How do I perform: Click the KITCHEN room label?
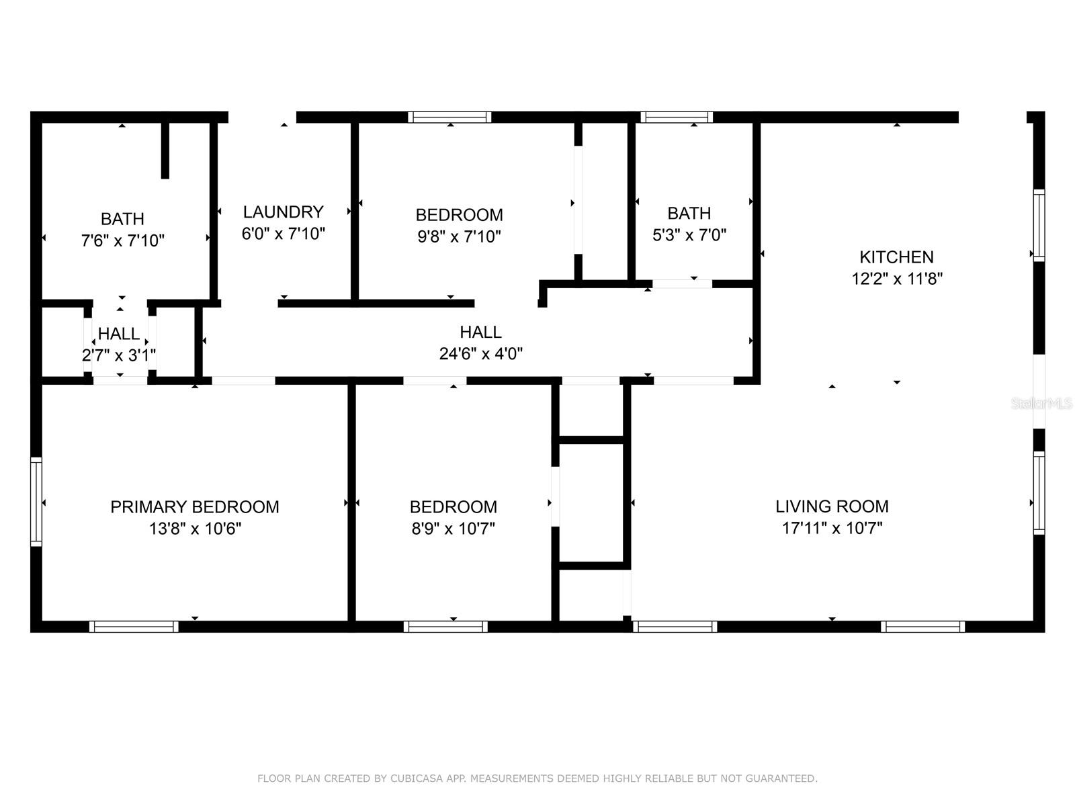[x=896, y=257]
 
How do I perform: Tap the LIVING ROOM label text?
[x=832, y=506]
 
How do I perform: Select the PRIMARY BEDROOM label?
[x=194, y=506]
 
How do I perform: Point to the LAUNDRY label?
[x=283, y=212]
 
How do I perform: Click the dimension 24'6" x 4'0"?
[x=480, y=353]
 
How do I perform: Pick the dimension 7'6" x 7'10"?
[x=122, y=240]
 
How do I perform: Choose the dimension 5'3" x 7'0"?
[x=689, y=235]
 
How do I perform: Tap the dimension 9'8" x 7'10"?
[x=459, y=236]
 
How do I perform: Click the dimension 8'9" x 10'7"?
[x=453, y=529]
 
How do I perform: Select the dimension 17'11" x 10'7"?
[x=832, y=528]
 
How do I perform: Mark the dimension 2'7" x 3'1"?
[x=118, y=355]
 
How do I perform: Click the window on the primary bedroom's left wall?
[x=36, y=502]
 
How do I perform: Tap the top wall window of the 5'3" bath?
[x=677, y=117]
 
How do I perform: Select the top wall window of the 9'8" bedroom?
[x=449, y=117]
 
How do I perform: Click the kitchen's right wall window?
[x=1039, y=226]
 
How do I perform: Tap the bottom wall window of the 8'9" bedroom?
[x=445, y=627]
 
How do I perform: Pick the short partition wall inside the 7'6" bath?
[x=165, y=150]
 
